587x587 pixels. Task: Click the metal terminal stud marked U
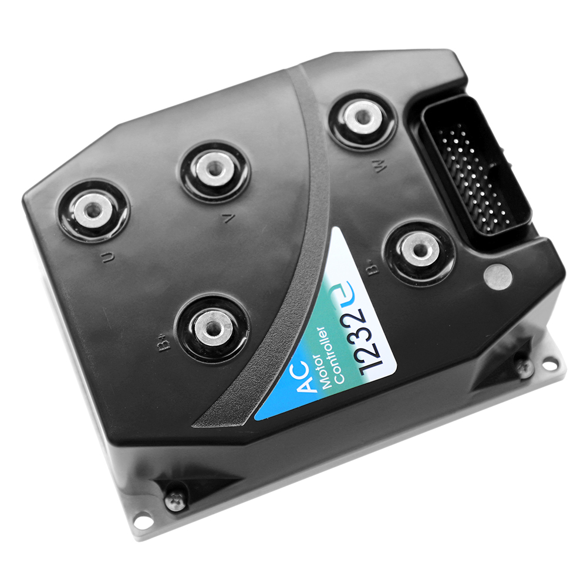(93, 210)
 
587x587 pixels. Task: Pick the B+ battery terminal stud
(212, 328)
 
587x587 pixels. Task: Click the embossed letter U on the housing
(108, 258)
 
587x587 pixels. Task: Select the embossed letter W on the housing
(380, 167)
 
